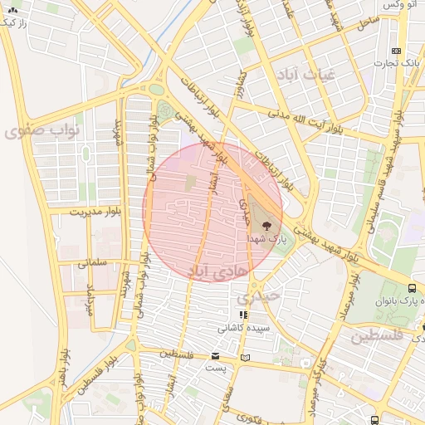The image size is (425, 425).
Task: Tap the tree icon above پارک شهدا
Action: [x=266, y=224]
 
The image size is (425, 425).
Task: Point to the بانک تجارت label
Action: [x=398, y=63]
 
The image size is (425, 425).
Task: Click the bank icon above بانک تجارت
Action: [x=397, y=50]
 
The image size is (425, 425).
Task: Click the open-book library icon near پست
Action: [x=244, y=358]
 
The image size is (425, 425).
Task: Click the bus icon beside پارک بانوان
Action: [x=412, y=287]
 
